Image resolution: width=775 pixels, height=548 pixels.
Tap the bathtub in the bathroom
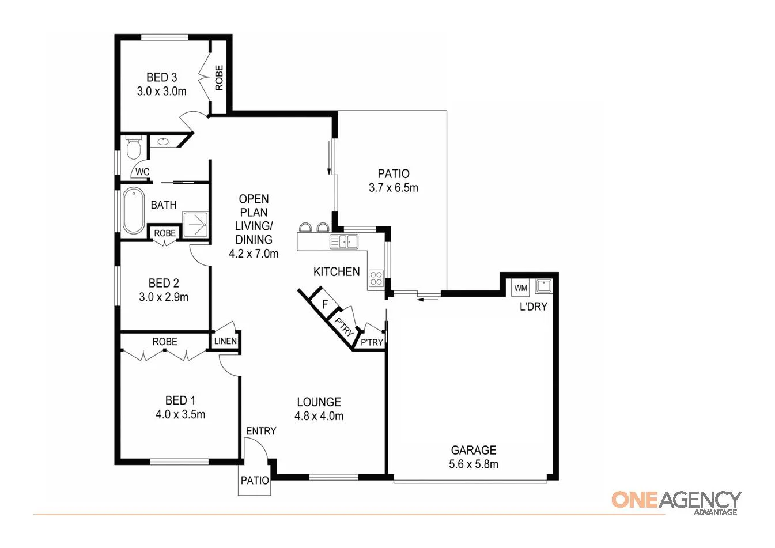pyautogui.click(x=134, y=211)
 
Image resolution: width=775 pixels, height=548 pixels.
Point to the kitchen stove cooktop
pyautogui.click(x=376, y=278)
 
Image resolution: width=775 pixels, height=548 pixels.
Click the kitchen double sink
pyautogui.click(x=344, y=241)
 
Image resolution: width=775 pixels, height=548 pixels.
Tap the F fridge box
pyautogui.click(x=325, y=304)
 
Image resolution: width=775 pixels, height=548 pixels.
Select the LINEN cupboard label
pyautogui.click(x=225, y=341)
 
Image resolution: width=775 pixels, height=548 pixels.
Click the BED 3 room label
pyautogui.click(x=161, y=77)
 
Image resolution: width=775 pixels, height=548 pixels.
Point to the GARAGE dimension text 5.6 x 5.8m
pyautogui.click(x=474, y=464)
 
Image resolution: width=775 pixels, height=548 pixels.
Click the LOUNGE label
pyautogui.click(x=319, y=402)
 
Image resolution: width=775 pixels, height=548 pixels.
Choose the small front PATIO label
pyautogui.click(x=255, y=480)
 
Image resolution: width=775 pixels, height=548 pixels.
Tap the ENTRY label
pyautogui.click(x=261, y=431)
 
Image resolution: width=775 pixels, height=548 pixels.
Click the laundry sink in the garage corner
pyautogui.click(x=543, y=286)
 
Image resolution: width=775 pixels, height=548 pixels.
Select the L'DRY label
pyautogui.click(x=533, y=307)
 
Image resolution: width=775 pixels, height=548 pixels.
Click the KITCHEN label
pyautogui.click(x=337, y=272)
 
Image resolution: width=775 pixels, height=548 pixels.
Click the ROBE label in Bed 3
pyautogui.click(x=219, y=77)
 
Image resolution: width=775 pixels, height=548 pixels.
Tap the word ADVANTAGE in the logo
pyautogui.click(x=715, y=512)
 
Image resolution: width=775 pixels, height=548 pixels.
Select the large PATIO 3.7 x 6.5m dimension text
pyautogui.click(x=394, y=188)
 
